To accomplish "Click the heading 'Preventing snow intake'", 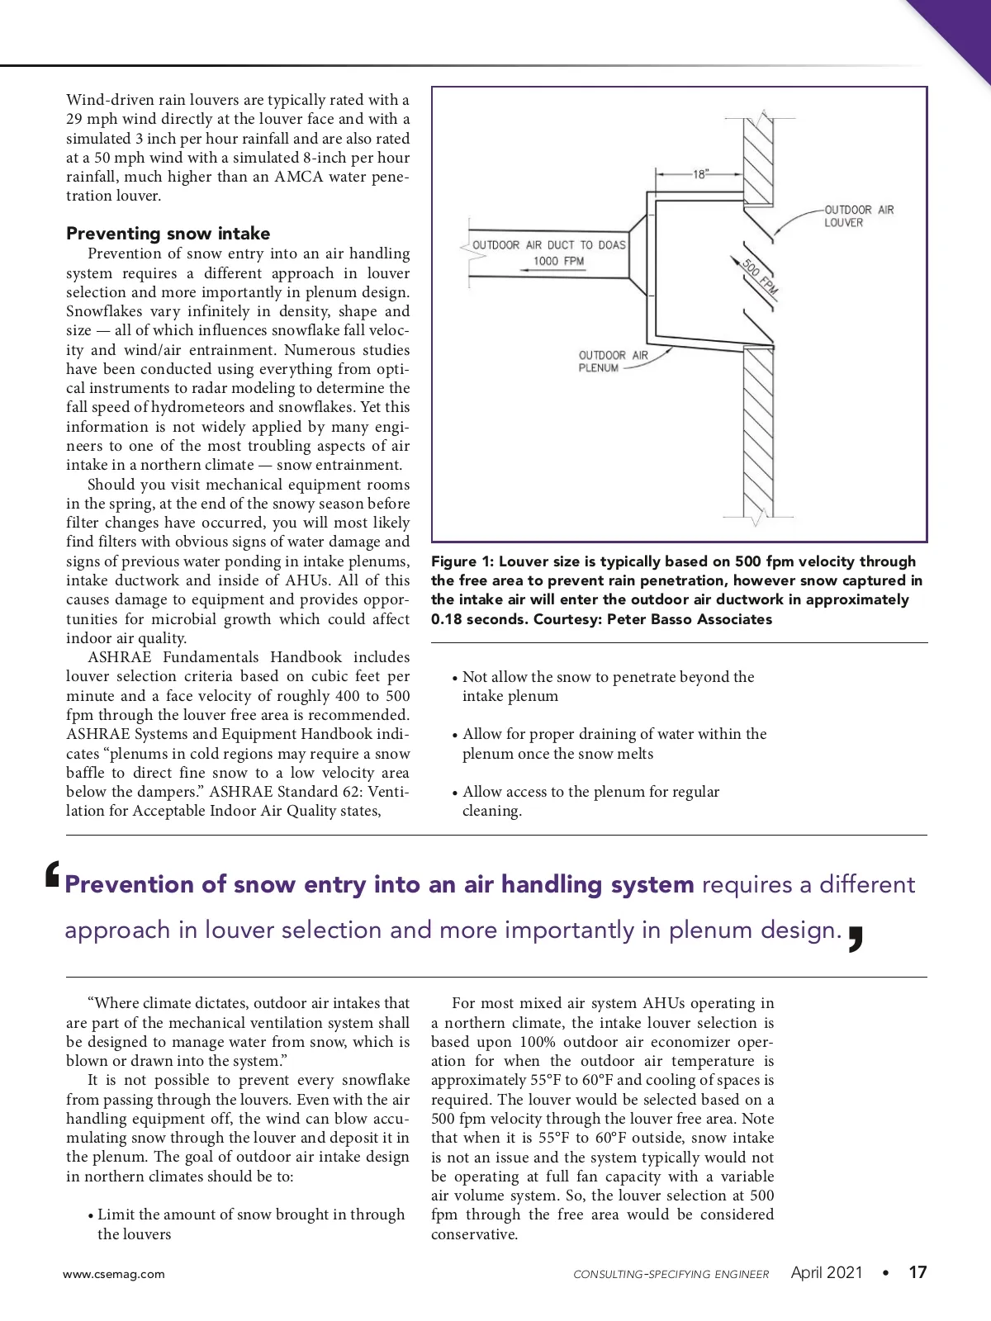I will click(x=168, y=234).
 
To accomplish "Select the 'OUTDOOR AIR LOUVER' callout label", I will click(x=858, y=216).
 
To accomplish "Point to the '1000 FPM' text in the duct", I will click(x=558, y=261).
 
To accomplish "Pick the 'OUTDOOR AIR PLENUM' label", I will click(x=613, y=362).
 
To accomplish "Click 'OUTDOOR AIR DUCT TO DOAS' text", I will click(x=549, y=245).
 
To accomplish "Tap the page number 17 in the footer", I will click(x=918, y=1272).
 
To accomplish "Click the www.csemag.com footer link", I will click(x=114, y=1274).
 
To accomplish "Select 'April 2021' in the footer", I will click(x=827, y=1272).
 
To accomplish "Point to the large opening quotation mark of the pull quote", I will click(x=53, y=875).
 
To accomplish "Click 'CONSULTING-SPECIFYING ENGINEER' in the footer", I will click(x=671, y=1274).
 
